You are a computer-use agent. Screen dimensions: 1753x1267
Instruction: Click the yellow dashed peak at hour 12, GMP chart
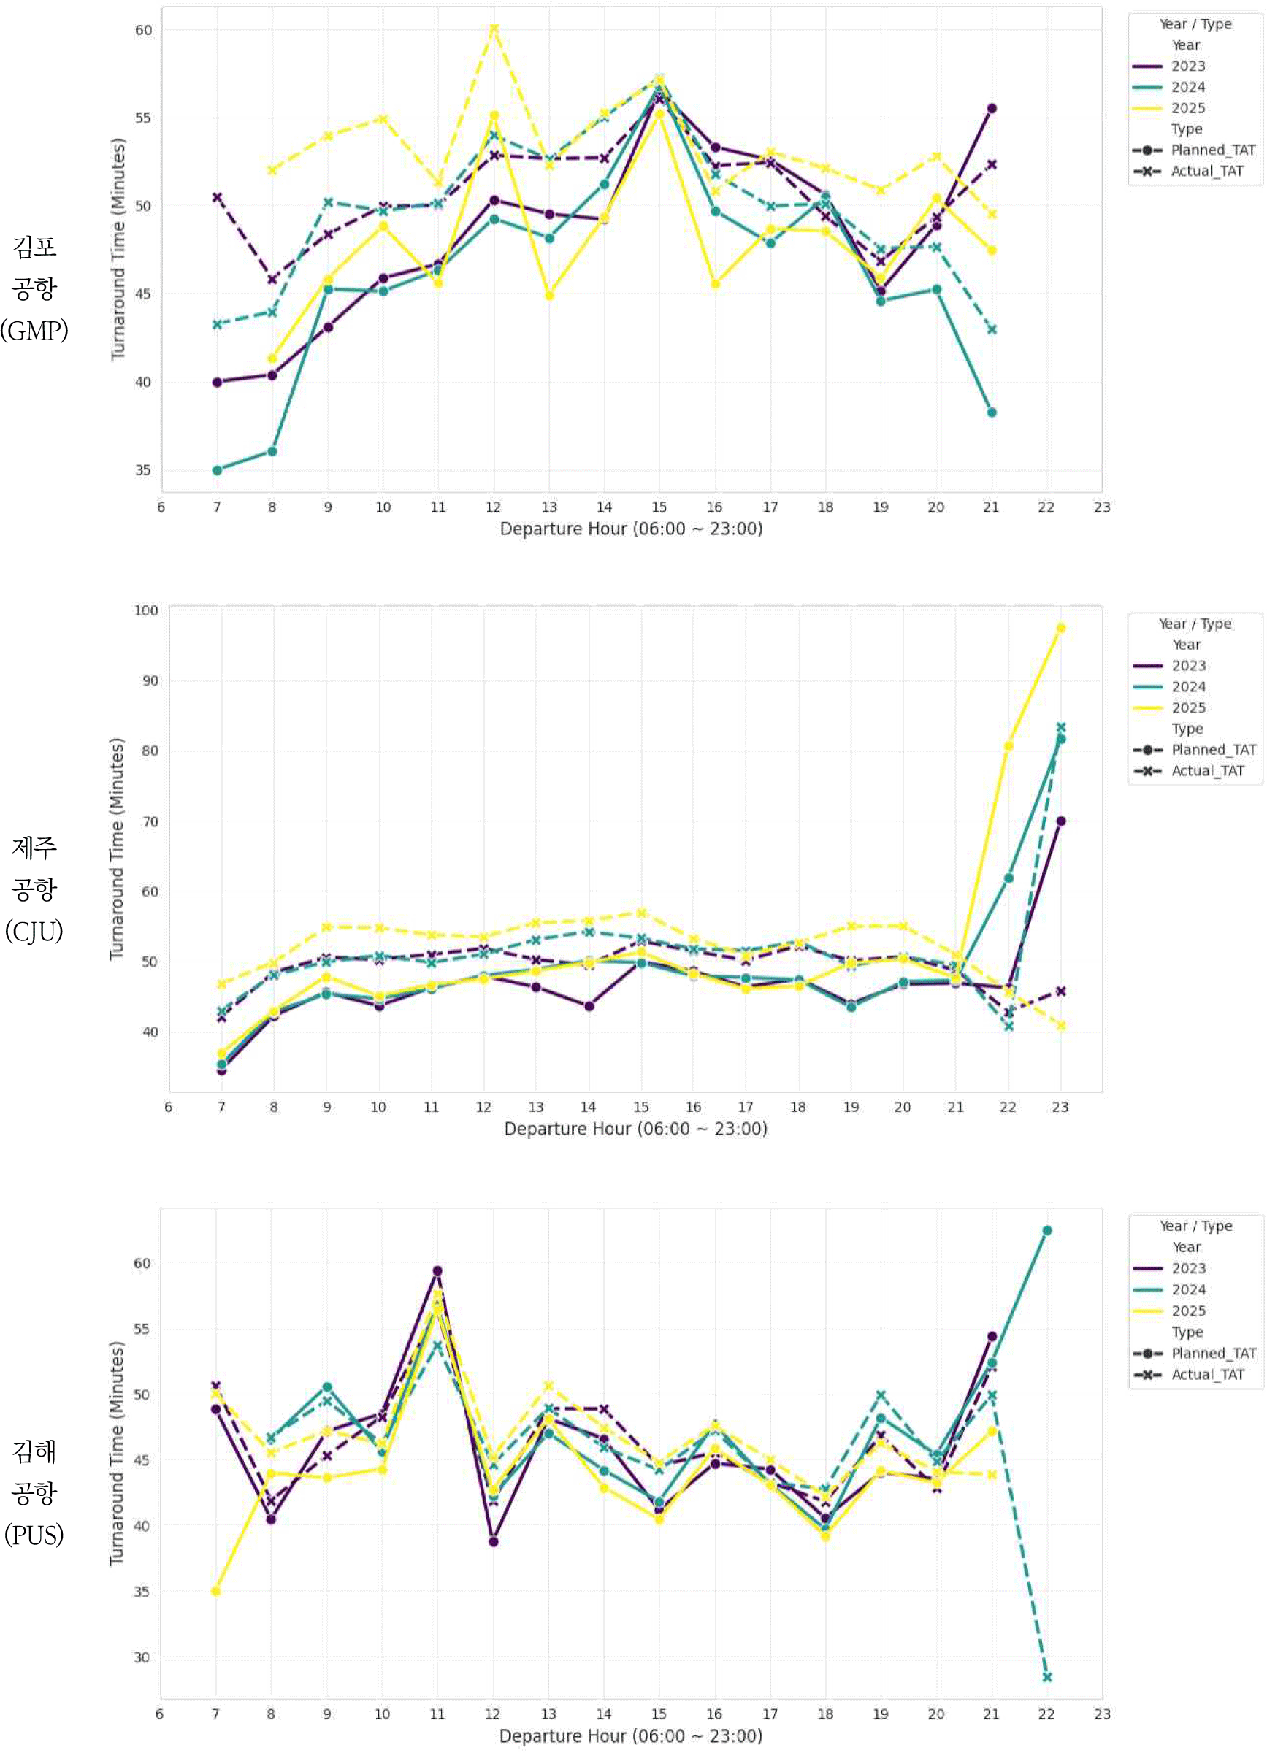[x=494, y=28]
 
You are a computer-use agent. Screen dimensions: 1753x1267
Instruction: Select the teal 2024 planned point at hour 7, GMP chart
[x=217, y=470]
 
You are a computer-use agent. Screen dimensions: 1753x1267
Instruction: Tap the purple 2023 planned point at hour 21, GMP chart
[x=992, y=108]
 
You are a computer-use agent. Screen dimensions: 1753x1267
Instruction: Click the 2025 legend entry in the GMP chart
[x=1187, y=108]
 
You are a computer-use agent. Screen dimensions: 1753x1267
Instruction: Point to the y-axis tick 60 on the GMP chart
[x=143, y=30]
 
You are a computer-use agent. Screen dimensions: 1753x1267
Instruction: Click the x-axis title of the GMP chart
[x=631, y=529]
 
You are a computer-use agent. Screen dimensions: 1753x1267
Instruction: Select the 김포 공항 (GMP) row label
[x=34, y=288]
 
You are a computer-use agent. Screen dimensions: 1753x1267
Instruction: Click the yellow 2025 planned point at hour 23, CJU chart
[x=1060, y=628]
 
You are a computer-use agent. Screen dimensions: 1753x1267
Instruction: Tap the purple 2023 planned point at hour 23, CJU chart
[x=1060, y=821]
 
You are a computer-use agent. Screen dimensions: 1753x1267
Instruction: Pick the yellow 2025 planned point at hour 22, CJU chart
[x=1008, y=746]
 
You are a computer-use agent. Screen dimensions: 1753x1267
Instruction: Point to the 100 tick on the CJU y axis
[x=145, y=610]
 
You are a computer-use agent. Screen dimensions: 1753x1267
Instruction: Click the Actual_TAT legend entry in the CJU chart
[x=1207, y=770]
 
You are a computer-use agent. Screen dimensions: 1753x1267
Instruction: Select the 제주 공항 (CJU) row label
[x=34, y=889]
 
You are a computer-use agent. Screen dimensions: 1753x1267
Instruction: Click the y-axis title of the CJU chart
[x=117, y=848]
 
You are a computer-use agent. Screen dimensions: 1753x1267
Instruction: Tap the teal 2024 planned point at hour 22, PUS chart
[x=1046, y=1230]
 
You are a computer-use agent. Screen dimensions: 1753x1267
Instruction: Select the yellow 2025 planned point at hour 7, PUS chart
[x=215, y=1591]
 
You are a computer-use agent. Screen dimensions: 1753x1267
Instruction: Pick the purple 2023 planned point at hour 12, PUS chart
[x=493, y=1541]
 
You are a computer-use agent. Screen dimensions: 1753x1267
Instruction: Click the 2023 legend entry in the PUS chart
[x=1188, y=1268]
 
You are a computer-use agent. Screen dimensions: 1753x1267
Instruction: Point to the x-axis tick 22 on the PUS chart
[x=1046, y=1714]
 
